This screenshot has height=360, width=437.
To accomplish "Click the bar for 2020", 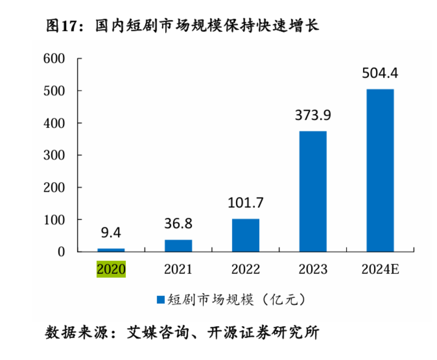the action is click(111, 250).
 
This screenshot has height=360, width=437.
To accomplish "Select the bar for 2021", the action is click(178, 245).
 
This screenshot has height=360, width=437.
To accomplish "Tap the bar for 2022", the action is click(245, 235).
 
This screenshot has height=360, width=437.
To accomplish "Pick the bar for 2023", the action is click(313, 191).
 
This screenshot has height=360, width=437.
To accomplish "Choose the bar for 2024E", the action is click(380, 170).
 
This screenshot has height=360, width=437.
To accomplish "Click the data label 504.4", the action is click(380, 73).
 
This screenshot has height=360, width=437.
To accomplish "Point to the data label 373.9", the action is click(313, 115).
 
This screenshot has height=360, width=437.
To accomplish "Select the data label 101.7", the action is click(245, 203).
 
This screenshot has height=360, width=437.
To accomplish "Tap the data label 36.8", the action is click(178, 223).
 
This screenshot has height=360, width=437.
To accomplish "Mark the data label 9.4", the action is click(111, 232).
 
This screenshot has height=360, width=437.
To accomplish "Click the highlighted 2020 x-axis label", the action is click(111, 269).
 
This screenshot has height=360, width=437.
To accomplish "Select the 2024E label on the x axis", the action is click(380, 269).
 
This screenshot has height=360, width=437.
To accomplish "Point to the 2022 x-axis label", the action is click(245, 269).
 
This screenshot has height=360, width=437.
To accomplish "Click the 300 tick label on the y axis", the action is click(54, 156).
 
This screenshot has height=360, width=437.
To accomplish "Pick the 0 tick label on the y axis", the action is click(61, 252).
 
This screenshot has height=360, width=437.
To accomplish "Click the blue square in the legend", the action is click(161, 300).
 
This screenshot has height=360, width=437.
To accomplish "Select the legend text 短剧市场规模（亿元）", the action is click(237, 300).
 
